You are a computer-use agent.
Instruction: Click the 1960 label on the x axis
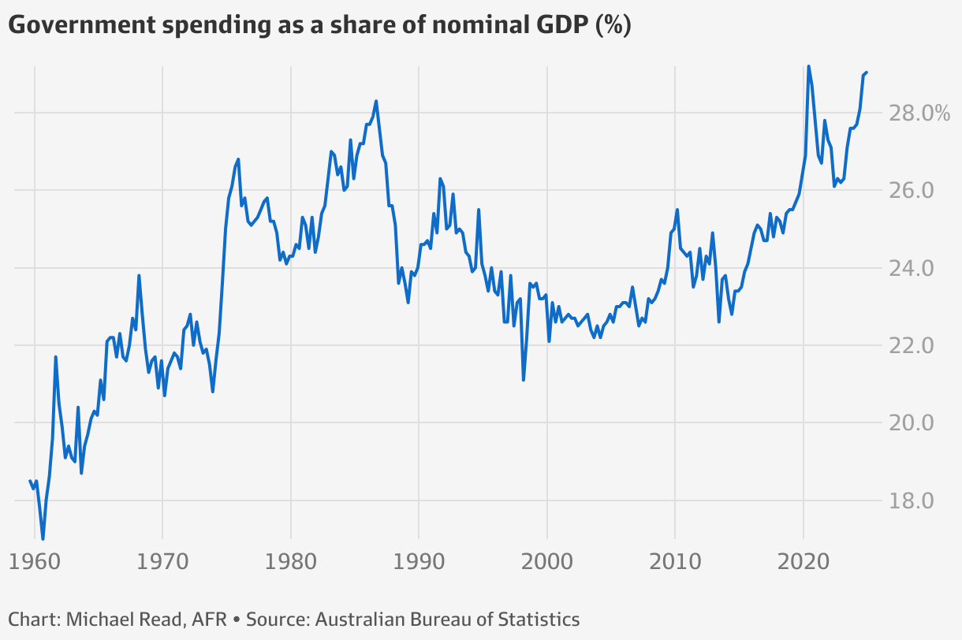(x=34, y=563)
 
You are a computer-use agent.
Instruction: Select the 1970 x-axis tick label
(x=162, y=563)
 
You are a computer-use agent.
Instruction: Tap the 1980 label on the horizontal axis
(x=291, y=563)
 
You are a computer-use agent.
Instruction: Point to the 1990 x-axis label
(x=419, y=563)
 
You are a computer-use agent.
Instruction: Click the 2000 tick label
(x=547, y=563)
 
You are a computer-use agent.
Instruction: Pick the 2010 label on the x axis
(x=675, y=563)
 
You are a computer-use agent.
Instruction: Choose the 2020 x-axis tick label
(x=803, y=563)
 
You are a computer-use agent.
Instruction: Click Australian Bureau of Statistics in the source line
(x=447, y=620)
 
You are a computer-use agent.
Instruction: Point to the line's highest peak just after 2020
(x=808, y=66)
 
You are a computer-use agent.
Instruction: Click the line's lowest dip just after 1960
(x=43, y=539)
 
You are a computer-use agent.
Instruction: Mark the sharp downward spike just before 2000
(x=524, y=380)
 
